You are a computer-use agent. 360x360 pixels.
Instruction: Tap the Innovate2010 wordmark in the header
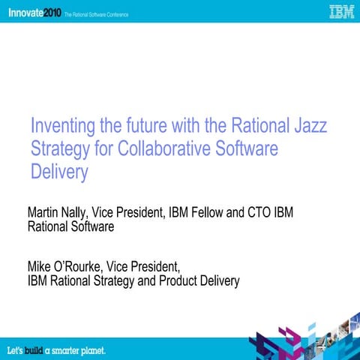[x=31, y=11]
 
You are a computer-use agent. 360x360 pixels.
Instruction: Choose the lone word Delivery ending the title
[x=59, y=172]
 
